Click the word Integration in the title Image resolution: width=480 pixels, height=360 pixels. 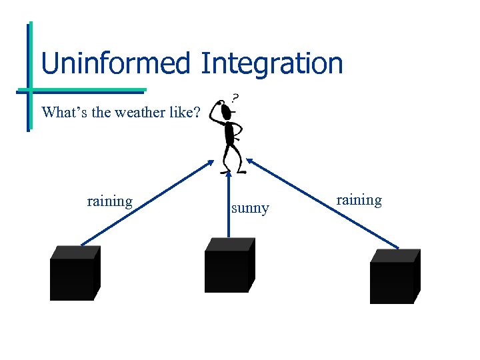point(271,63)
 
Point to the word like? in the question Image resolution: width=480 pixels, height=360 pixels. point(185,112)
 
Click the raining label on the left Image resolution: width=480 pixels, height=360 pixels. point(109,201)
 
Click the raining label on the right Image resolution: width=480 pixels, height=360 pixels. point(359,200)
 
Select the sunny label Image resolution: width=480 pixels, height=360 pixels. point(250,208)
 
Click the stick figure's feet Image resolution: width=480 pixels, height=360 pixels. point(233,170)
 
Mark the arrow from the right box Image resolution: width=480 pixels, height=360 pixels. point(323,203)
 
